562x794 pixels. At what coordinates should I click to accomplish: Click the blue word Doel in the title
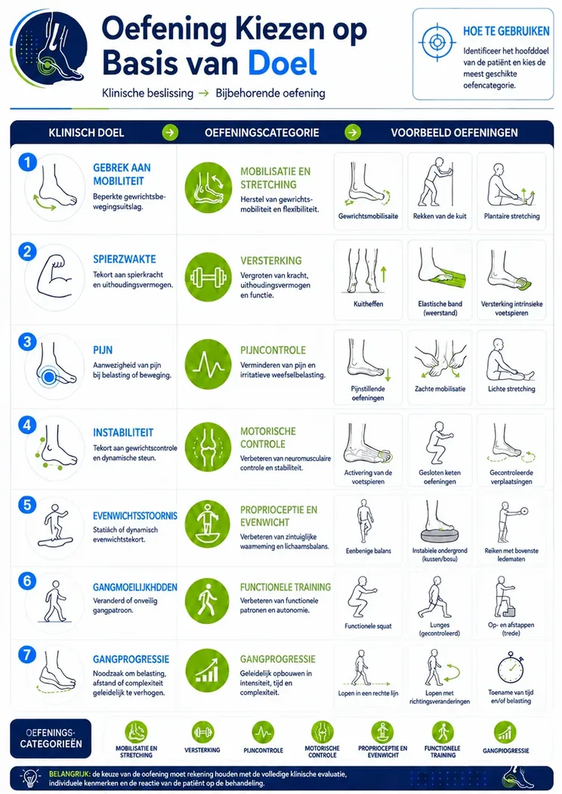tap(282, 63)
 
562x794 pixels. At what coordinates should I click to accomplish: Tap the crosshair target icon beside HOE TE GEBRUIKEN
tap(437, 42)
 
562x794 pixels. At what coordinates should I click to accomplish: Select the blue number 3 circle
tap(27, 341)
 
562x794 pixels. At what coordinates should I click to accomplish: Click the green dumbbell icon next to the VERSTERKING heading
tap(208, 277)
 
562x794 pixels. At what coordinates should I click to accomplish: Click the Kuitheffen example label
tap(368, 304)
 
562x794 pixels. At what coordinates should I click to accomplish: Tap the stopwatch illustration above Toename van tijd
tap(511, 668)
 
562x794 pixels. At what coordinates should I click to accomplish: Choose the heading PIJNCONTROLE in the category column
tap(273, 351)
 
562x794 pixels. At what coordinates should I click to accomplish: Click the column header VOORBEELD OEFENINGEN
tap(454, 133)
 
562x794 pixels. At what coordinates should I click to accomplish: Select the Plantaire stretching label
tap(511, 216)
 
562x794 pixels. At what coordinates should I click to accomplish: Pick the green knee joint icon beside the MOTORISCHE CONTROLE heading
tap(208, 446)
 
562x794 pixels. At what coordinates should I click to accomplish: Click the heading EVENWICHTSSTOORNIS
tap(135, 516)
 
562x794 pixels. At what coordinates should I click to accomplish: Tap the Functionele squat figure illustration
tap(362, 597)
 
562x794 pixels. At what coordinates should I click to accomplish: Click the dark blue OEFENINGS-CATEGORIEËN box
tap(51, 738)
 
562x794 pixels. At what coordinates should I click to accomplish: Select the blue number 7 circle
tap(27, 654)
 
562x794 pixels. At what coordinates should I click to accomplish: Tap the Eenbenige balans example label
tap(368, 551)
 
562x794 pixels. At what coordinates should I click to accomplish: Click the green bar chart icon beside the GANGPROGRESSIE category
tap(208, 672)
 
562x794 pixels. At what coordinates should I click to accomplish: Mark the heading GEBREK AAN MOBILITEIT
tap(122, 175)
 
